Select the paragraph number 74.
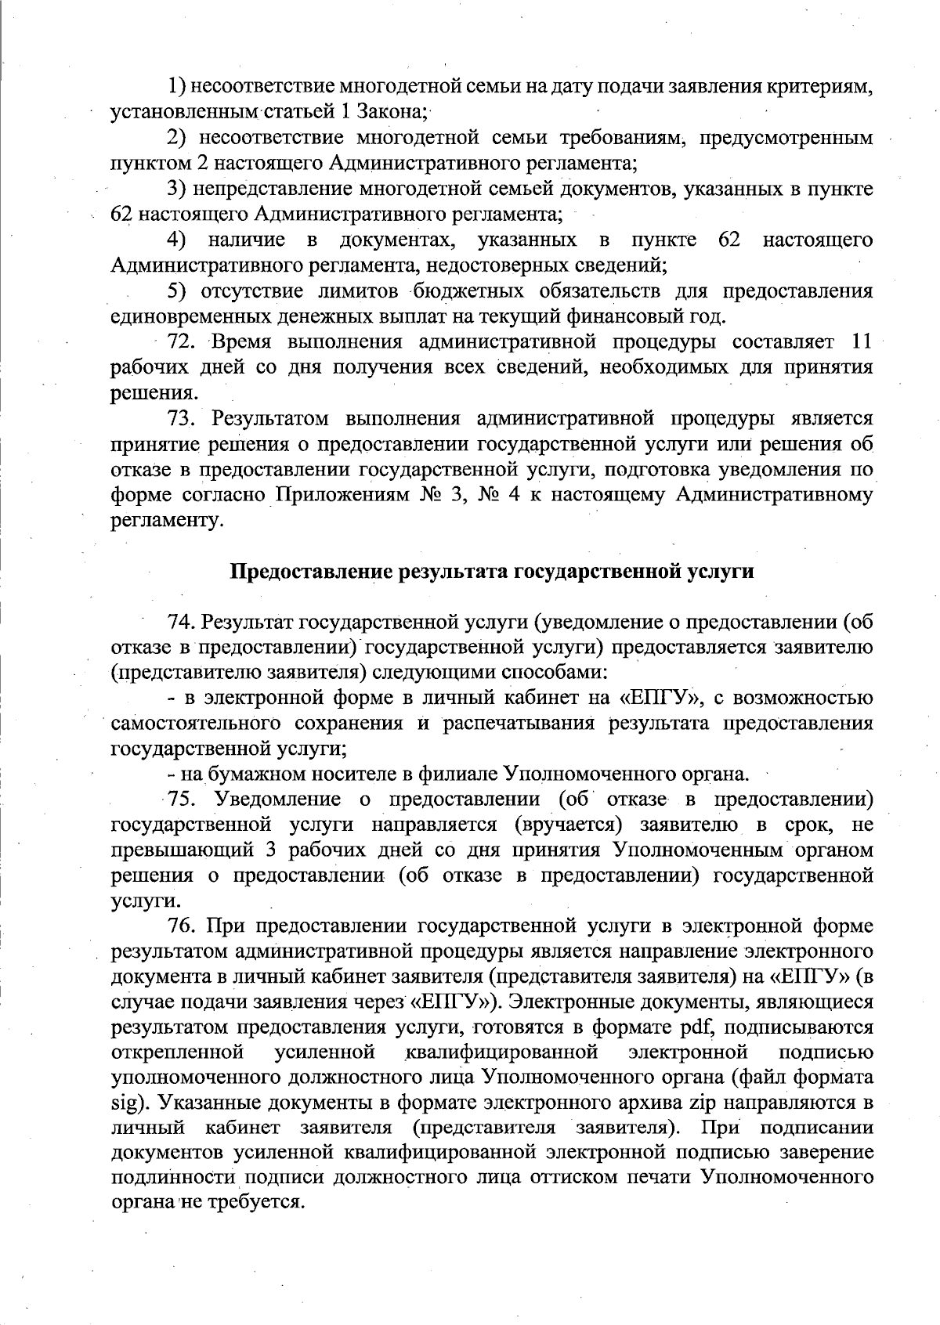coord(182,623)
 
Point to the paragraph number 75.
coord(182,800)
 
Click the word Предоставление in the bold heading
coord(313,572)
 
